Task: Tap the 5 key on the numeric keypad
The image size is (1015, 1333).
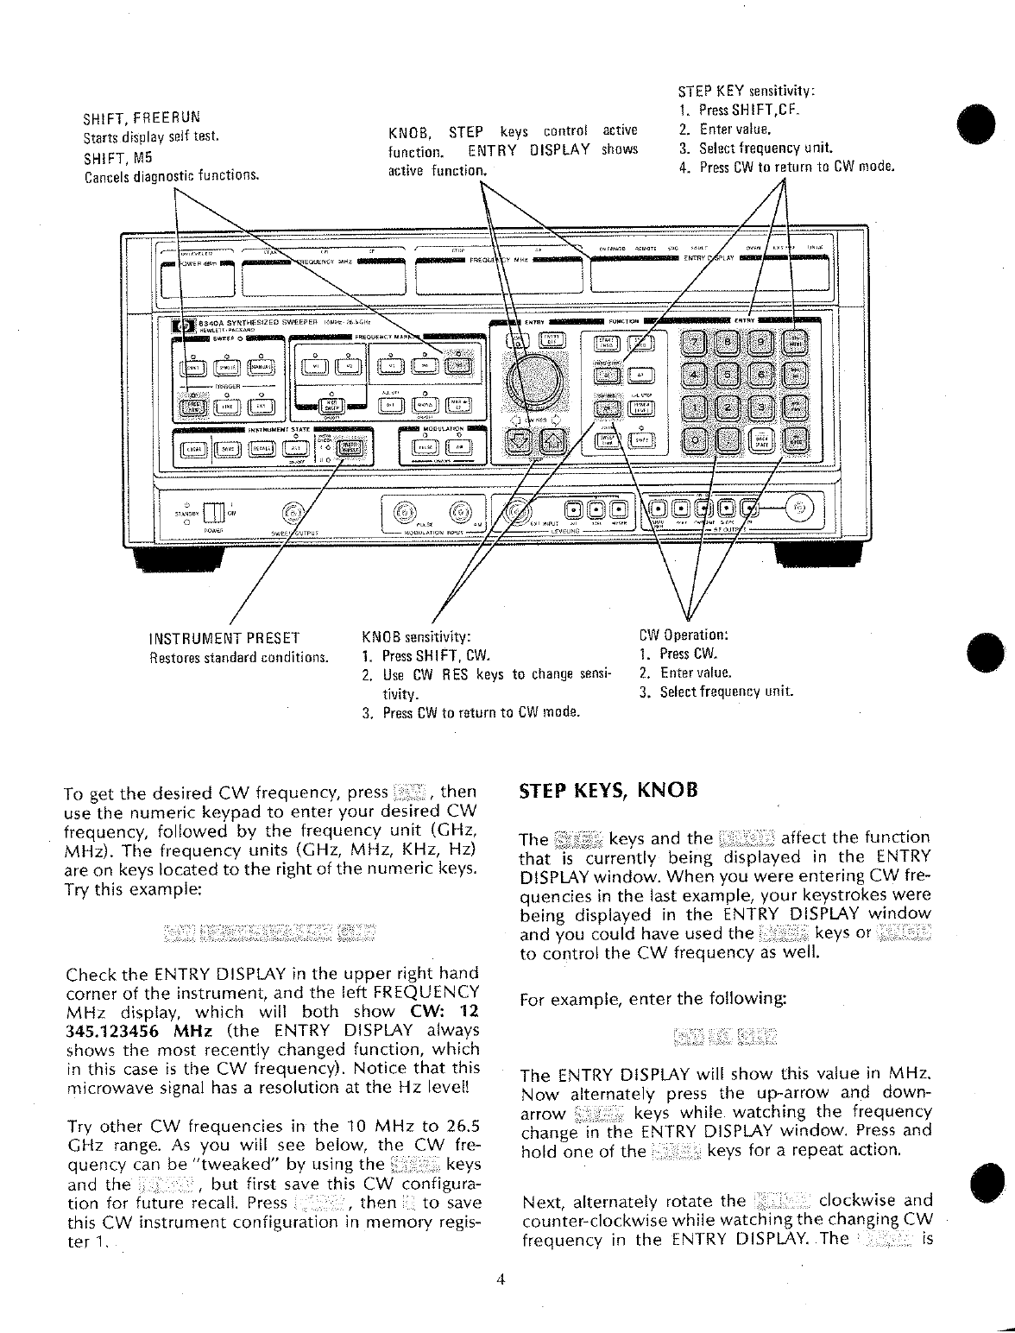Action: click(x=730, y=376)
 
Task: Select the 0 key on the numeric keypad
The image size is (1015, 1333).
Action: click(x=697, y=439)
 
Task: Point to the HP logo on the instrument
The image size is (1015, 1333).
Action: click(x=184, y=325)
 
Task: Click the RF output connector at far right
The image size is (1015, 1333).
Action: click(x=802, y=508)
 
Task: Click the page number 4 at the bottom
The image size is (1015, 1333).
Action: click(x=501, y=1280)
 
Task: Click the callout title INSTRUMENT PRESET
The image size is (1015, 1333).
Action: click(x=224, y=639)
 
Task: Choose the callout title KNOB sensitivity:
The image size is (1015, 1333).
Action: click(x=418, y=638)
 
